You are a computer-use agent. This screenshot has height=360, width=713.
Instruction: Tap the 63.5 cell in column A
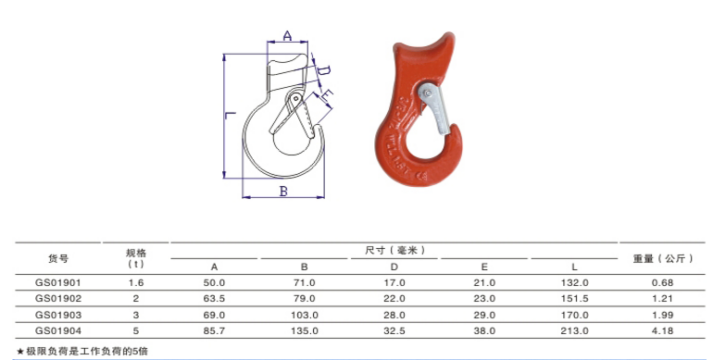[215, 298]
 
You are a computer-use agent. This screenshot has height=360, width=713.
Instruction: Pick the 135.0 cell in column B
[305, 329]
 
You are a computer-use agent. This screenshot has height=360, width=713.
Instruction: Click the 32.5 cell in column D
[394, 329]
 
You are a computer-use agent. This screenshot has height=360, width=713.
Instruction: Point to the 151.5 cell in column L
[575, 298]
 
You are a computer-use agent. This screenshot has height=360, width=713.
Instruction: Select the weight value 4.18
[662, 329]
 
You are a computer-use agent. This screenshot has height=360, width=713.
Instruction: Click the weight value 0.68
[662, 282]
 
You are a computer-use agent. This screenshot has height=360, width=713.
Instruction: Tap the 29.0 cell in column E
[484, 314]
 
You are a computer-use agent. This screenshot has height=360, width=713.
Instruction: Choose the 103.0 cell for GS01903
[305, 314]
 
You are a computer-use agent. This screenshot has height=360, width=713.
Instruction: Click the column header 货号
[57, 258]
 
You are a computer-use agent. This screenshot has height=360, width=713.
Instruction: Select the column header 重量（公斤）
[663, 258]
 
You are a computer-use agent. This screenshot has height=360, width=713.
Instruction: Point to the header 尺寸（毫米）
[394, 250]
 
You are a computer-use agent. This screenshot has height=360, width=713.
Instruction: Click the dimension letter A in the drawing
[287, 36]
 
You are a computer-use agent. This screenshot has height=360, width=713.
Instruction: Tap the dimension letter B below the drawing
[284, 191]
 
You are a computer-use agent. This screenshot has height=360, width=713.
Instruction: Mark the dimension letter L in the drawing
[229, 116]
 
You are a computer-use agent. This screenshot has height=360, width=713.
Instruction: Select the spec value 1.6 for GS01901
[136, 282]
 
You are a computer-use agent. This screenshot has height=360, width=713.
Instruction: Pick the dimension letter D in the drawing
[324, 70]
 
